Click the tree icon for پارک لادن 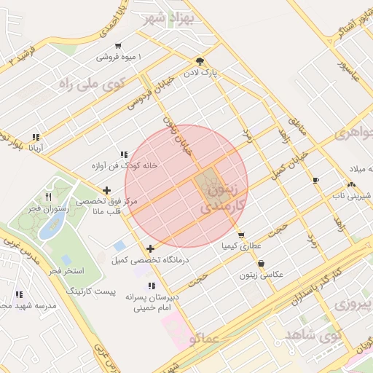199,61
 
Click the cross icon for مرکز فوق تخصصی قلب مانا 107,190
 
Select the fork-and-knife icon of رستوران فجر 48,197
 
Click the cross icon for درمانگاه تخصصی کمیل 151,249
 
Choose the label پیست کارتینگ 91,291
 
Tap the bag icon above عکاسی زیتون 261,264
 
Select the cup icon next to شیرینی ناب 315,180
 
